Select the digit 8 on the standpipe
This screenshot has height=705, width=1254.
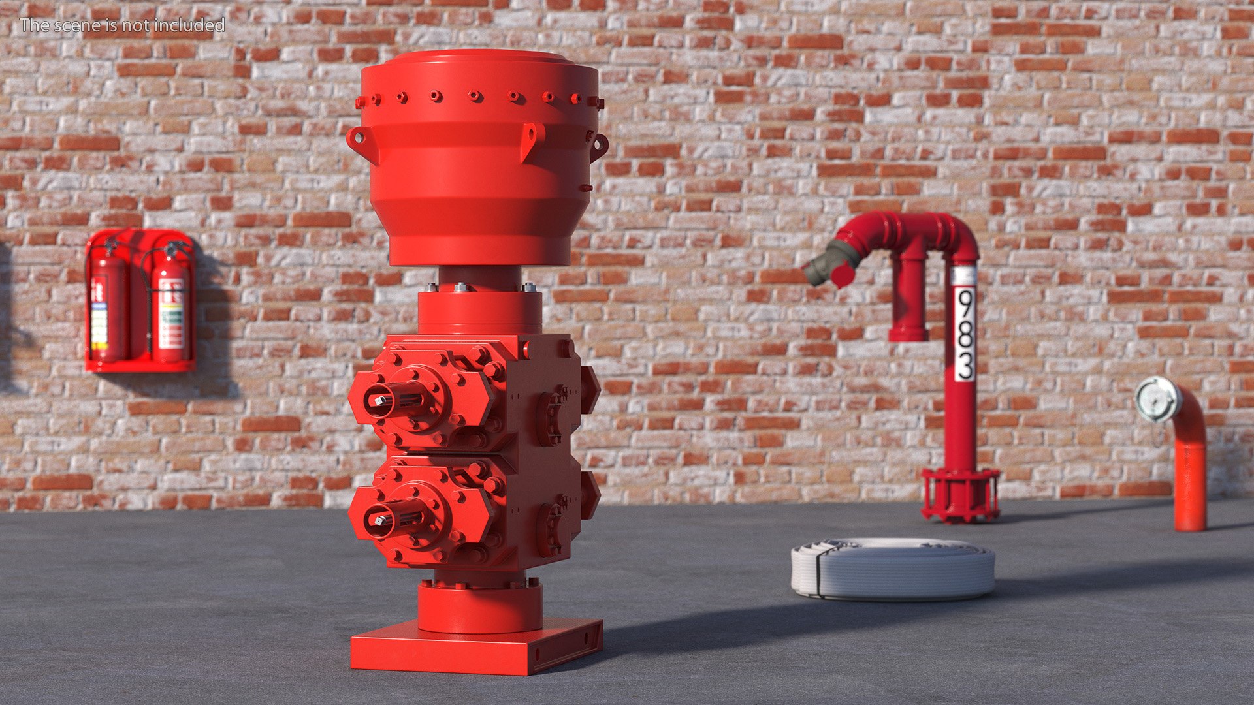coord(965,334)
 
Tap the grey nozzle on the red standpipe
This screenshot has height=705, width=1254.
coord(824,263)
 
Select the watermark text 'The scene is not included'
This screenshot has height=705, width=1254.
coord(122,25)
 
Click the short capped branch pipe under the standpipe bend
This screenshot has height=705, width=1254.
coord(909,300)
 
